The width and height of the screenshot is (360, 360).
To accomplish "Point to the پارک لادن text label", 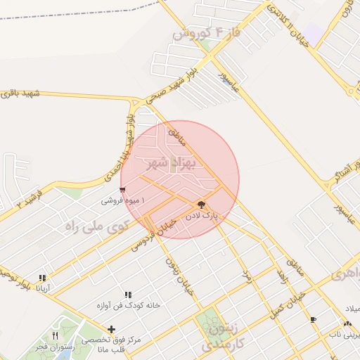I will coord(203,217).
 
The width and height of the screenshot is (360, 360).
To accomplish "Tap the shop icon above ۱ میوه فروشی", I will coord(124,190).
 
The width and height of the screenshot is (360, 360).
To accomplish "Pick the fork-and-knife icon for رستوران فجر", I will coord(55,335).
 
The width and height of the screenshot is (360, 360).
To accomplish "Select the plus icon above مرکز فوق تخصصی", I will coord(110,328).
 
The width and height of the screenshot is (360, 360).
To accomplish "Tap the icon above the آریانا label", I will coord(42,278).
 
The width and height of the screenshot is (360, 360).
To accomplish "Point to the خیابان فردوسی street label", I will coord(151,233).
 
